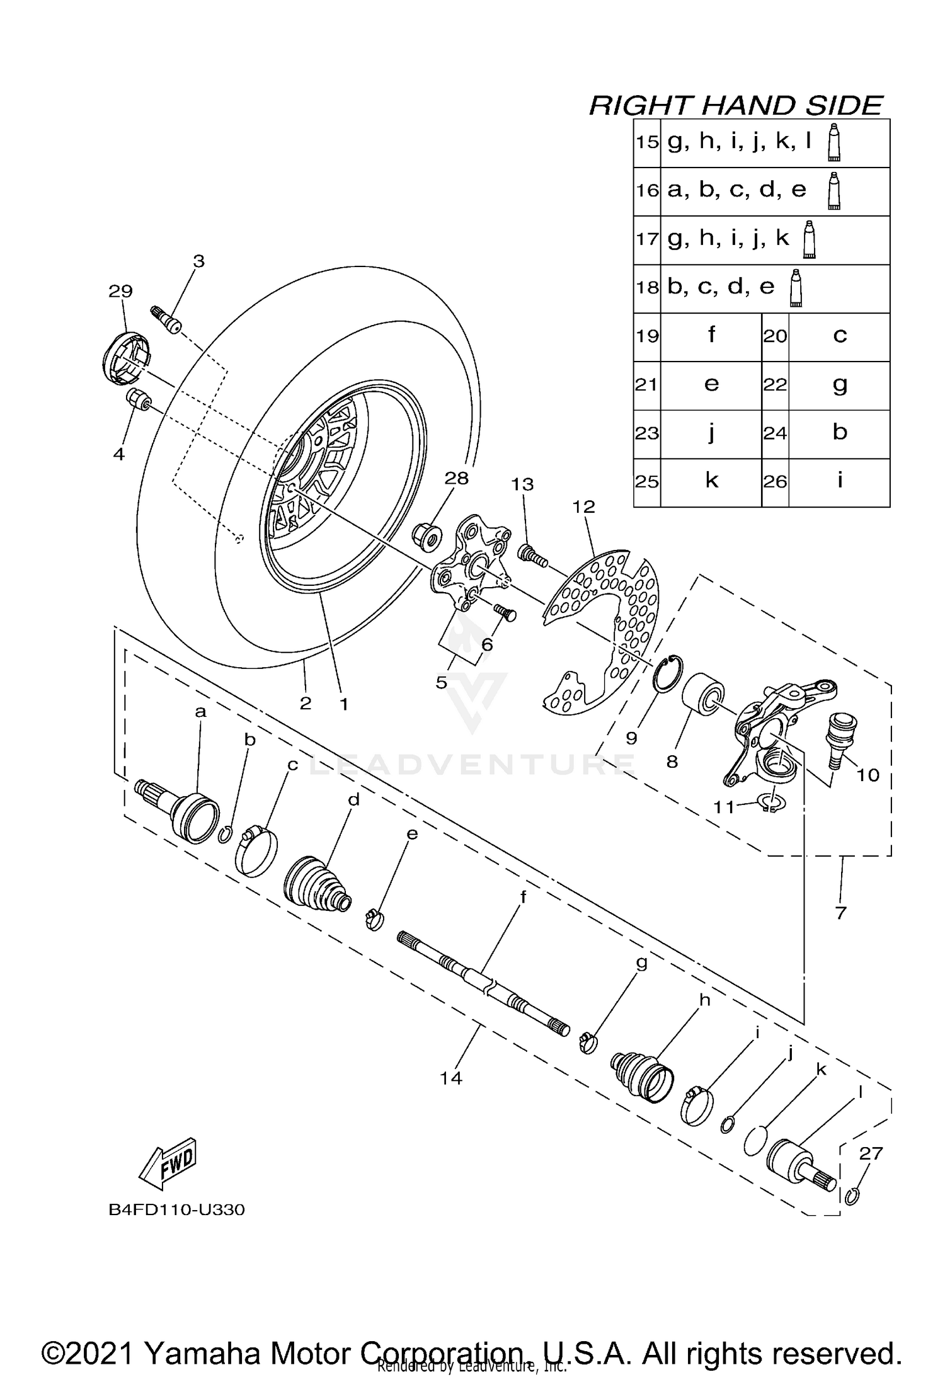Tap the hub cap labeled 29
point(126,357)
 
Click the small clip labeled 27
point(851,1196)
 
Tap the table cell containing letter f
point(711,336)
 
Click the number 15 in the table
point(646,142)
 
